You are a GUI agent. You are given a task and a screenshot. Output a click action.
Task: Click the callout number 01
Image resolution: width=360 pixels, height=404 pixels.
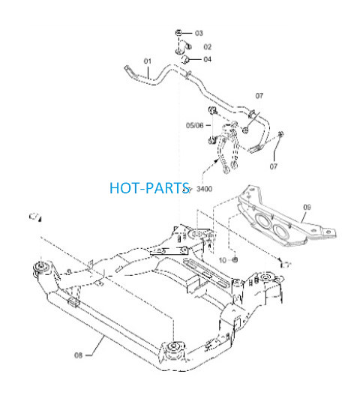pos(148,61)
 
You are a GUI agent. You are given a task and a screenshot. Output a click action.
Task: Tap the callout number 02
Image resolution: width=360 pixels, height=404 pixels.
pos(207,47)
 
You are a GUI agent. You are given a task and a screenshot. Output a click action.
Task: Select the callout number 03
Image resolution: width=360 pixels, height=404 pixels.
pos(199,33)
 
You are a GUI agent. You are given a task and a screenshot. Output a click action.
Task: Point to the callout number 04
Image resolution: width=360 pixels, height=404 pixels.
pos(207,59)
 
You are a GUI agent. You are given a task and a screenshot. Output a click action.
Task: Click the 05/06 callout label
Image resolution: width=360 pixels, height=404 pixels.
pos(195,125)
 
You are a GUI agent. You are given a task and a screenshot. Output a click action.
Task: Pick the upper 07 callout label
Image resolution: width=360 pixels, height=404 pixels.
pos(259,96)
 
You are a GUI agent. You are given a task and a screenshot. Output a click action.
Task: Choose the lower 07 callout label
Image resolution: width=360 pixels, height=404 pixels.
pos(273,166)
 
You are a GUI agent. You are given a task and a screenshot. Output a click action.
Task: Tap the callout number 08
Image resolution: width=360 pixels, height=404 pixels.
pos(78,355)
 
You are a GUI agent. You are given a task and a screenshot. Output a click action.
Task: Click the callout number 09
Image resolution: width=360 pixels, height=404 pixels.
pos(307,207)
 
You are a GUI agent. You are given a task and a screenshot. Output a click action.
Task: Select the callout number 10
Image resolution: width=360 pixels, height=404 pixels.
pos(223,261)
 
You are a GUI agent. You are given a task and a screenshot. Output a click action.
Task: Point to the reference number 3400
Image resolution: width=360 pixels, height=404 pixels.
pos(204,189)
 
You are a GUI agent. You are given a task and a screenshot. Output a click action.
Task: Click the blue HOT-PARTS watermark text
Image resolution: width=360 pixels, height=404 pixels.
pos(149,188)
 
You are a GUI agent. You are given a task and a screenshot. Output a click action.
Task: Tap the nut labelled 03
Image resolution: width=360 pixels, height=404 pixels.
pos(178,33)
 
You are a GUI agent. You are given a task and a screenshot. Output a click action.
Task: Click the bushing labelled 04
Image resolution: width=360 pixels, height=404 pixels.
pos(185,59)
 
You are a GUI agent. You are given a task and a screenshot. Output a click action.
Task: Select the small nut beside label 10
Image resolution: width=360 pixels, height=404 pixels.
pos(235,259)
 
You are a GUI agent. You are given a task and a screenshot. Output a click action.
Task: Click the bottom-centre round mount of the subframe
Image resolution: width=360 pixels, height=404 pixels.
pos(173,348)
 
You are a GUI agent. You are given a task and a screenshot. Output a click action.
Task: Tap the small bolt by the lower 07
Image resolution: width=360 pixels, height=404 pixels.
pos(280,134)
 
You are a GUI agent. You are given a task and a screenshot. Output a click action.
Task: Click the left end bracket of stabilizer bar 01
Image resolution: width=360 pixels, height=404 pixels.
pos(129,71)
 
